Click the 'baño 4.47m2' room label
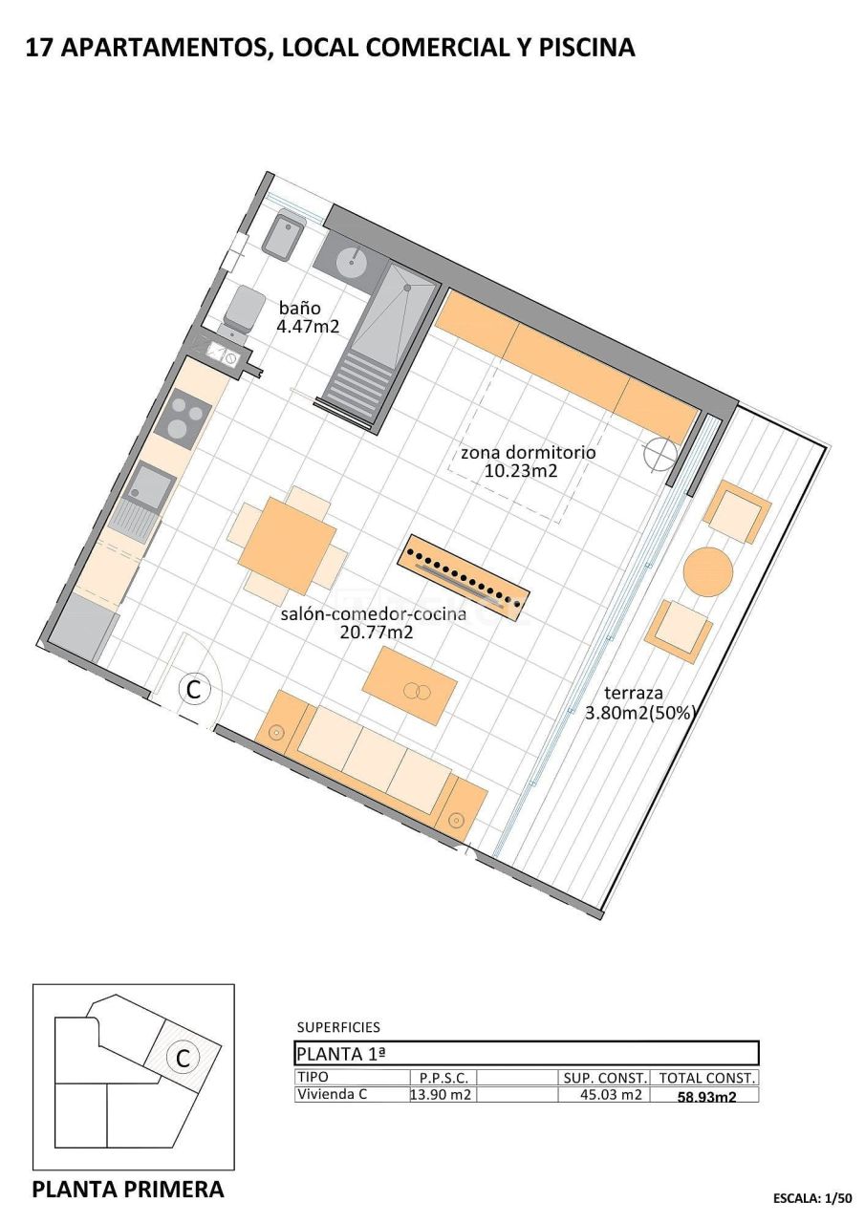tap(308, 317)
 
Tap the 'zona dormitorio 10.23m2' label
tap(527, 461)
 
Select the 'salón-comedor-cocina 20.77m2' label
tap(374, 622)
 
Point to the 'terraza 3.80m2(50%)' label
tap(637, 702)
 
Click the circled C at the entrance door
tap(195, 688)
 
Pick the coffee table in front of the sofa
tap(410, 685)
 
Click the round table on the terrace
tap(708, 571)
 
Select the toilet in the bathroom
tap(245, 309)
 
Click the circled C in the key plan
tap(182, 1058)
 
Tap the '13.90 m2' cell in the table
tap(441, 1095)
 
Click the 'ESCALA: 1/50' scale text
tap(811, 1197)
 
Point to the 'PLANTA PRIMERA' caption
tap(128, 1190)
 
